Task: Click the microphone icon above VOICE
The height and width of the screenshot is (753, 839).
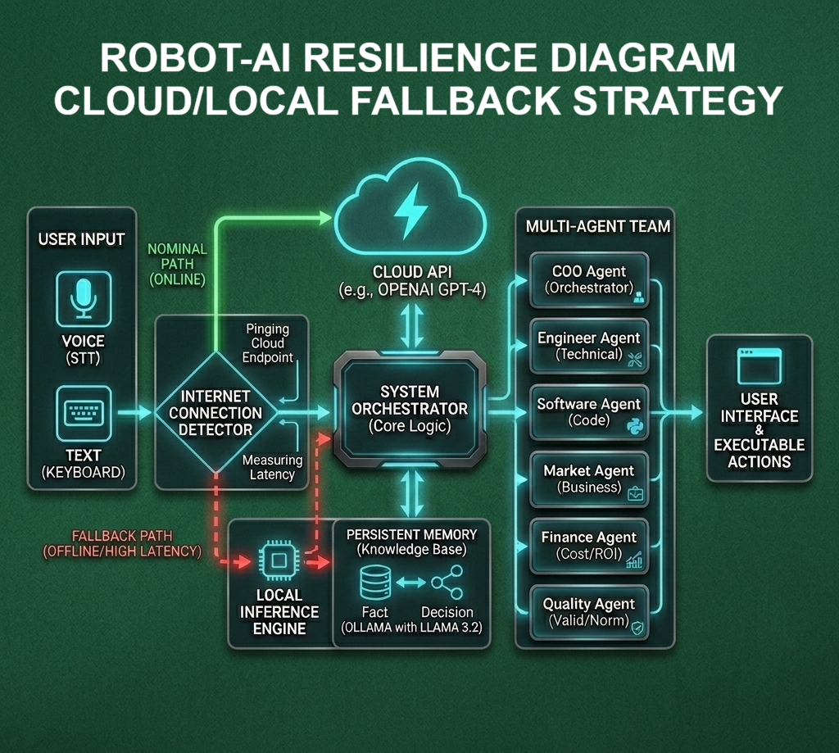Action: click(83, 295)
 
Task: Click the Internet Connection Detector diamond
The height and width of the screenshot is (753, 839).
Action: click(215, 412)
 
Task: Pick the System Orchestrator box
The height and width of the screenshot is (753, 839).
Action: click(410, 407)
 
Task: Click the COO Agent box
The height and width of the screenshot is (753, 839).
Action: click(589, 279)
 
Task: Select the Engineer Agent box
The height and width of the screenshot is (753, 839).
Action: click(589, 346)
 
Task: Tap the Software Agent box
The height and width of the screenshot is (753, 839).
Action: click(589, 412)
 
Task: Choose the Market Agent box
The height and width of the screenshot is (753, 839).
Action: click(589, 479)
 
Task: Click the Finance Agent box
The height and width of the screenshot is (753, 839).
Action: click(589, 545)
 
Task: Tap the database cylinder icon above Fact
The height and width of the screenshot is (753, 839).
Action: click(374, 583)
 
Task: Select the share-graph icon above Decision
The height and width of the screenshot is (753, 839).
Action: click(447, 583)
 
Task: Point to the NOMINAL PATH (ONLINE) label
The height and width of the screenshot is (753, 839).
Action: click(177, 264)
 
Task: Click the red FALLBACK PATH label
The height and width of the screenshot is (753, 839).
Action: click(123, 543)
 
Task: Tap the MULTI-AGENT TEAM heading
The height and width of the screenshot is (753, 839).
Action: click(597, 226)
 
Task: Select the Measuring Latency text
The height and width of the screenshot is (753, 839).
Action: click(272, 467)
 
